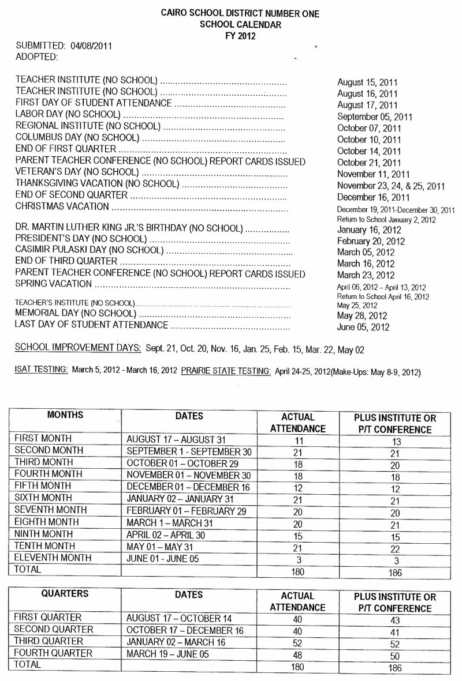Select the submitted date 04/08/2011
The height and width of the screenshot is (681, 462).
[x=90, y=46]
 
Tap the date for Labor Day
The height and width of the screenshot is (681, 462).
[x=369, y=117]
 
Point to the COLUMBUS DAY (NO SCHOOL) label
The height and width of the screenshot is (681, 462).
[x=77, y=137]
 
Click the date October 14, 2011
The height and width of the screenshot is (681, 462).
[x=368, y=151]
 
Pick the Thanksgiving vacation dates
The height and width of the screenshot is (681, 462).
[x=391, y=186]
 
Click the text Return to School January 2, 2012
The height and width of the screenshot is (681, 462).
[x=386, y=220]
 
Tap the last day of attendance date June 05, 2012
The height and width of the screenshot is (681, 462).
[x=363, y=328]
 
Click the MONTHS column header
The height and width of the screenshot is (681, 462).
[x=65, y=415]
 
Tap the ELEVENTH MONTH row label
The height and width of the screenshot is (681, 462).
[x=53, y=558]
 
